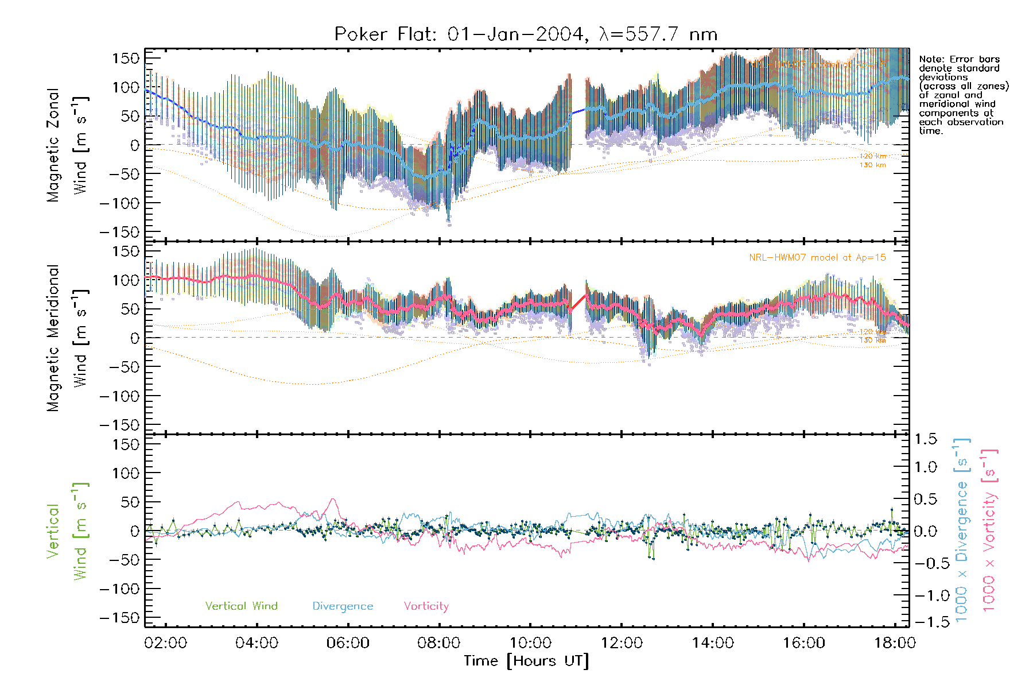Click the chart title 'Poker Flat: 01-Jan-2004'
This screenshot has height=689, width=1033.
459,34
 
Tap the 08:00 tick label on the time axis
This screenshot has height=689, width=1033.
439,642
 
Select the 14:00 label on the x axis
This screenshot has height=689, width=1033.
713,642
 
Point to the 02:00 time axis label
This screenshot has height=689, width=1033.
166,642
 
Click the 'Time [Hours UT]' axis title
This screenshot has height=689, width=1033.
526,661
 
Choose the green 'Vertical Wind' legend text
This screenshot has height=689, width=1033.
241,606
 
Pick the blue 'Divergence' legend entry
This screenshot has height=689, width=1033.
343,606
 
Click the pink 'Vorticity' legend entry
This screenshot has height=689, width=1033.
426,606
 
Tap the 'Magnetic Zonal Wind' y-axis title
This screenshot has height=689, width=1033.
67,145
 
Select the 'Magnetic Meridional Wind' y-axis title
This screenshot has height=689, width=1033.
67,338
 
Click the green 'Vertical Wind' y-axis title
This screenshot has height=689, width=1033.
67,531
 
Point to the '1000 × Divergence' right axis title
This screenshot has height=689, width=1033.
962,531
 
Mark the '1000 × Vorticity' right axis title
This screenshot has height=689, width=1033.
989,531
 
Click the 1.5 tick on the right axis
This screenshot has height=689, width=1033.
925,439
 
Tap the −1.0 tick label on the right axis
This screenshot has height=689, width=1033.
925,595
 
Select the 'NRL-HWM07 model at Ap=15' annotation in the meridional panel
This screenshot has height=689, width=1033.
817,258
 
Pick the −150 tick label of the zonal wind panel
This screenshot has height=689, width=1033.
119,232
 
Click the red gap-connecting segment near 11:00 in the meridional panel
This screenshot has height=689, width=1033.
578,303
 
